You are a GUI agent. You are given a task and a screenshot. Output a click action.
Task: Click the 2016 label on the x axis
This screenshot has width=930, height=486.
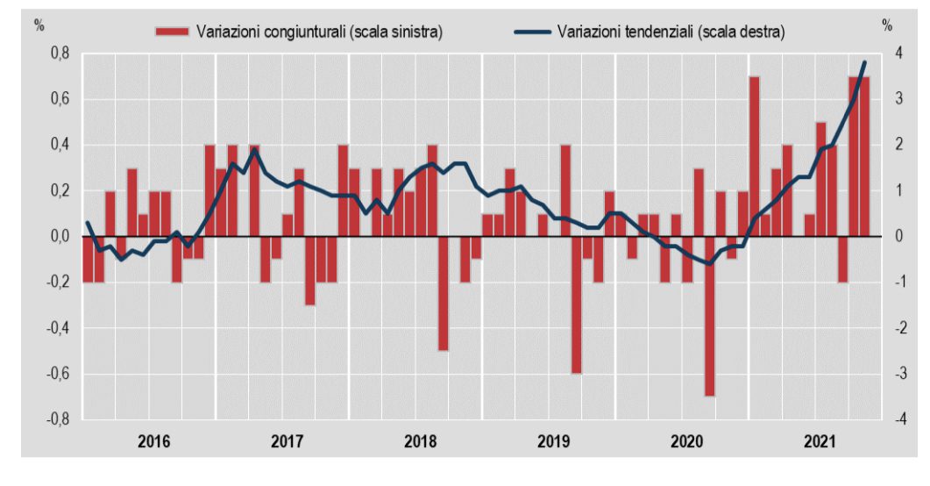[x=153, y=441]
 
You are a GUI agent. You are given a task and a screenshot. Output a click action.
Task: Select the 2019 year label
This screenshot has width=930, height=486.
[x=553, y=441]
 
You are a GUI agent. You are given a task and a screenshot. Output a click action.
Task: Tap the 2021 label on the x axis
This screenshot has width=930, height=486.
[x=820, y=441]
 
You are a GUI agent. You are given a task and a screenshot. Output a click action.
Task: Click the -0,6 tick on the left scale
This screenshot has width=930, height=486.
[x=57, y=374]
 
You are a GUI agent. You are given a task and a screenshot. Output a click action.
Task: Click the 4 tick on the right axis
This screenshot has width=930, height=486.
[x=899, y=54]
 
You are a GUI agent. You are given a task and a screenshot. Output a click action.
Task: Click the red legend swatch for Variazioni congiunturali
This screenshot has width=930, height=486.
[x=172, y=31]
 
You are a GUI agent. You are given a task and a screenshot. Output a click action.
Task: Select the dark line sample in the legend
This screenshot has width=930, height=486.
[x=532, y=31]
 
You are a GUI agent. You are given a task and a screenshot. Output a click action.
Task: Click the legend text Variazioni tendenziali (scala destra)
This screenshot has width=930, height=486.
[x=671, y=32]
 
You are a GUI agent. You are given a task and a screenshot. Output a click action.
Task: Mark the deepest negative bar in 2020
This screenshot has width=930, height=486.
[x=709, y=316]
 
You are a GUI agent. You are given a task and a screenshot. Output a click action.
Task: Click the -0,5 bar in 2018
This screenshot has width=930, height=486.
[x=443, y=293]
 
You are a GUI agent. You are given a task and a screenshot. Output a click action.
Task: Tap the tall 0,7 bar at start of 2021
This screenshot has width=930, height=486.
[x=755, y=157]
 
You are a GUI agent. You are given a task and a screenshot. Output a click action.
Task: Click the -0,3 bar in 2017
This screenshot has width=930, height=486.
[x=309, y=270]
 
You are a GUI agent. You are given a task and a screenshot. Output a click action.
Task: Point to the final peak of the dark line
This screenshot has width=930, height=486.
[x=865, y=61]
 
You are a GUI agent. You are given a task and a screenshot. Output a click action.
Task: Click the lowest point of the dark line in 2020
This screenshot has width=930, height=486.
[x=709, y=263]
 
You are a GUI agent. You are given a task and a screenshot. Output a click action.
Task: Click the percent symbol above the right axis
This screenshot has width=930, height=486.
[x=887, y=25]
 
